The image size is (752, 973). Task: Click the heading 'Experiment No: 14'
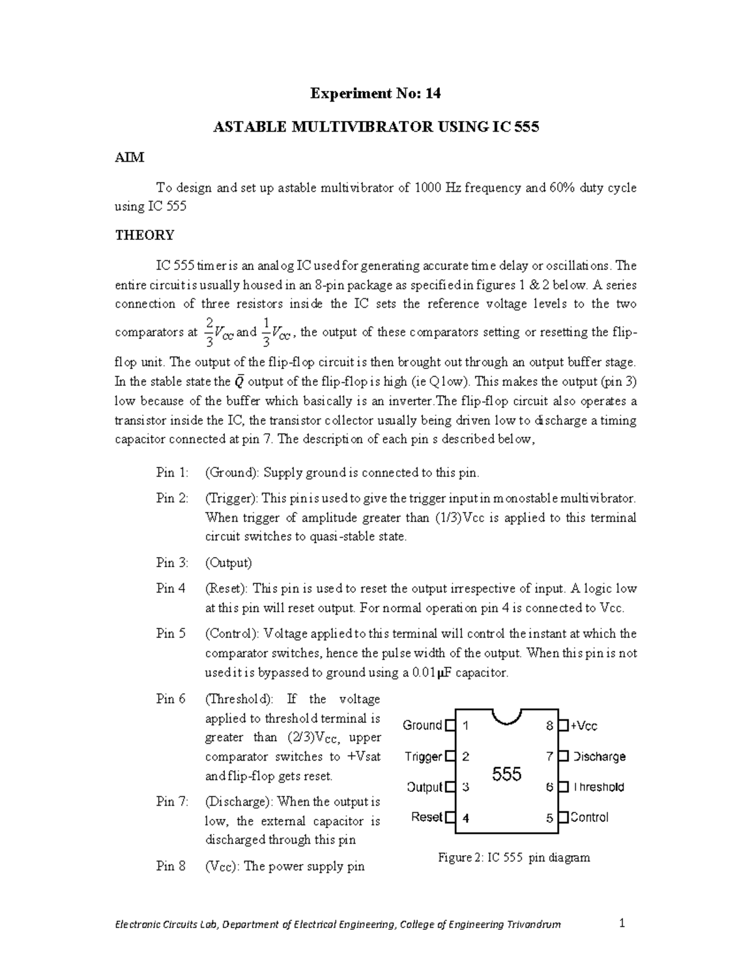pyautogui.click(x=376, y=94)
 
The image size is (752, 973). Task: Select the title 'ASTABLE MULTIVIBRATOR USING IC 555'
pyautogui.click(x=376, y=127)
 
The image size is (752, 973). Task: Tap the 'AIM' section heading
pyautogui.click(x=130, y=158)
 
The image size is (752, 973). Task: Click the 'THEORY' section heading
pyautogui.click(x=145, y=236)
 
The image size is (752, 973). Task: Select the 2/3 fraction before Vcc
pyautogui.click(x=209, y=332)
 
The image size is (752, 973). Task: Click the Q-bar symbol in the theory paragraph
pyautogui.click(x=239, y=382)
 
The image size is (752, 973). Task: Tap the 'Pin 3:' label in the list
pyautogui.click(x=172, y=563)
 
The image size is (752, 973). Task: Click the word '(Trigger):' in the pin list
pyautogui.click(x=231, y=499)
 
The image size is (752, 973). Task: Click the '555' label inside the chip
pyautogui.click(x=506, y=774)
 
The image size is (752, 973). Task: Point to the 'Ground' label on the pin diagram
pyautogui.click(x=422, y=726)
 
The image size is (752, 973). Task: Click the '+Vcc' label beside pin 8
pyautogui.click(x=584, y=726)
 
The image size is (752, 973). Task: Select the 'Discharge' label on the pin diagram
pyautogui.click(x=599, y=757)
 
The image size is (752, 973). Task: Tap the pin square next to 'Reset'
pyautogui.click(x=450, y=817)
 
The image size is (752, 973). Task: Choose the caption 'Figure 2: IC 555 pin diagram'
pyautogui.click(x=514, y=858)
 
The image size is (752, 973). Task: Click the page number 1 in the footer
pyautogui.click(x=622, y=924)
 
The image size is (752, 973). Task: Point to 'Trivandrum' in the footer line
pyautogui.click(x=535, y=925)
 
